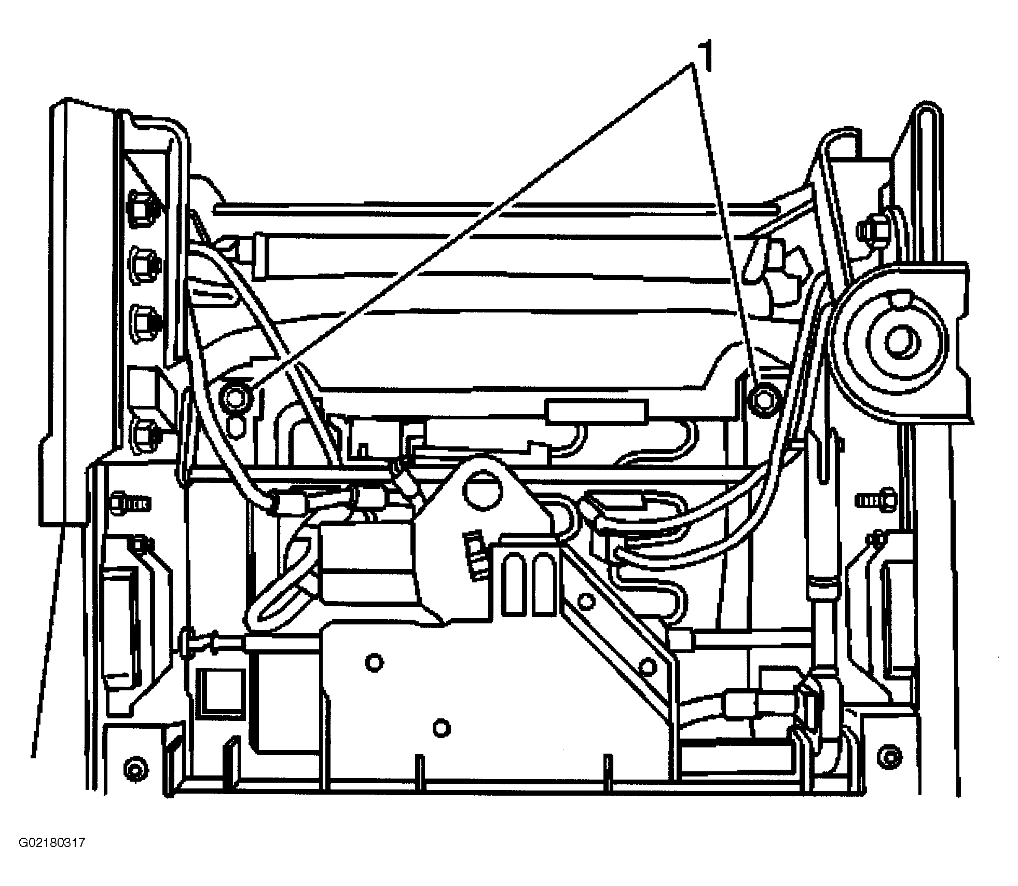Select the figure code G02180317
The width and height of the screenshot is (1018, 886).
(x=52, y=842)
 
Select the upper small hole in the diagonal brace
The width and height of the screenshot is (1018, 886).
(x=586, y=602)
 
